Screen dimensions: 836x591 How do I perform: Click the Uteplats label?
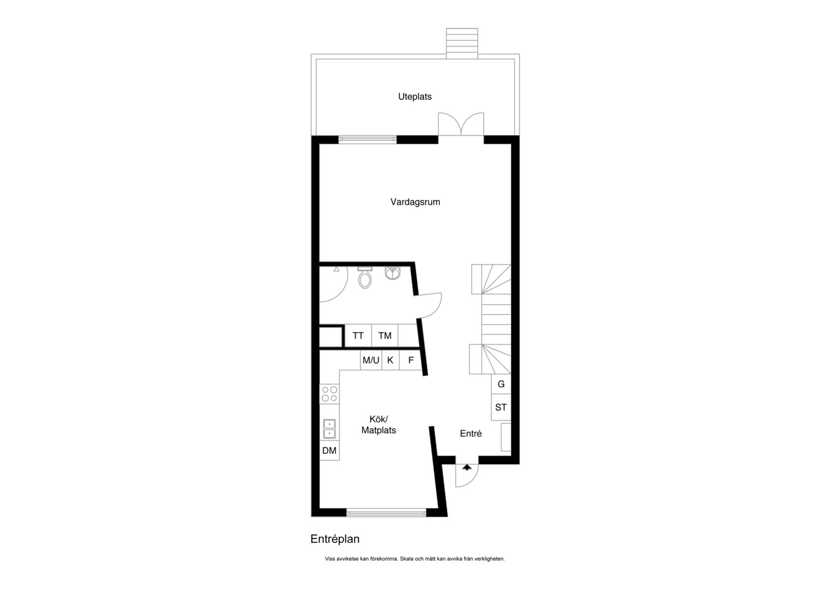415,97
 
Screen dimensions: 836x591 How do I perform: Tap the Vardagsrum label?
415,202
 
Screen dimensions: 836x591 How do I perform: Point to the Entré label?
471,433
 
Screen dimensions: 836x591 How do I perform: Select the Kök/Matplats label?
379,425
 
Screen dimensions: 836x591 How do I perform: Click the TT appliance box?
358,335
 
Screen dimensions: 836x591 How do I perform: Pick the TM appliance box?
385,335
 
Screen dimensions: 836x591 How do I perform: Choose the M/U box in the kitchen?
371,360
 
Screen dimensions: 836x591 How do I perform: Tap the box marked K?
391,360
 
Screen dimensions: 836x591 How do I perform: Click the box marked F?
411,360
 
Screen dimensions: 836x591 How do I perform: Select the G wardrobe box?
501,384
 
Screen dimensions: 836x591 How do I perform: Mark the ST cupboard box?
501,407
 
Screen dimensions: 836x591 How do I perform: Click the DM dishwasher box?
329,450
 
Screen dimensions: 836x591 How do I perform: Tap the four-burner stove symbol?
329,394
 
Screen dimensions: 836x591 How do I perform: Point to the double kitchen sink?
329,428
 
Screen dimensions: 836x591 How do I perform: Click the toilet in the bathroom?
365,278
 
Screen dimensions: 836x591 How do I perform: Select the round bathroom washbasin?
392,273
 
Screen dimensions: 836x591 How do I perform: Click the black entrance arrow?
467,467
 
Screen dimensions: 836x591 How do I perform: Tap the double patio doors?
461,124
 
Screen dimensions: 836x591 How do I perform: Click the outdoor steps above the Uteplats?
462,43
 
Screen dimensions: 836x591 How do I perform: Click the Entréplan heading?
335,539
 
